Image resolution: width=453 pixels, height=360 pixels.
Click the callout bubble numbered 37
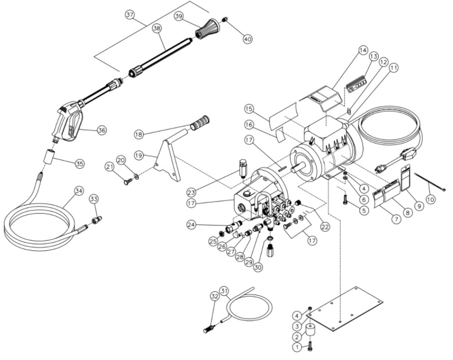[130, 15]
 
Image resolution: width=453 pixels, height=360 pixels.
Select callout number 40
[247, 39]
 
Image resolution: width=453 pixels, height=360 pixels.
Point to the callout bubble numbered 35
[79, 164]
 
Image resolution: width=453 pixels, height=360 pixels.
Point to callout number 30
[258, 267]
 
